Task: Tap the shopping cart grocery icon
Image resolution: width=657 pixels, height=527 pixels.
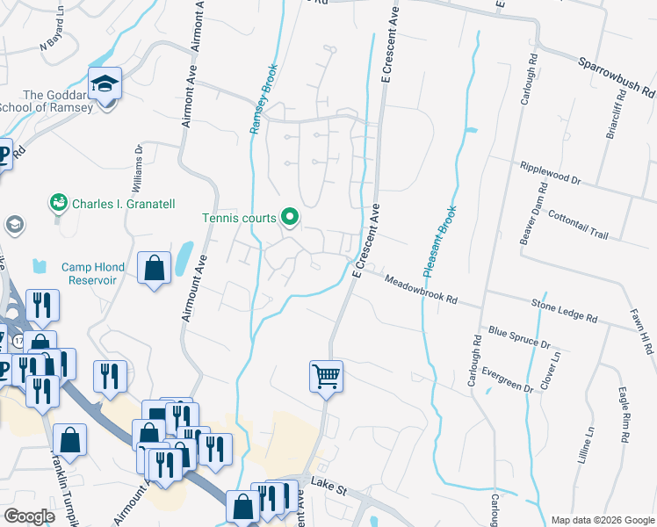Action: pos(326,376)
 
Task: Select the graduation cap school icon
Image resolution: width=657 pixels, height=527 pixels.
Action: pos(105,84)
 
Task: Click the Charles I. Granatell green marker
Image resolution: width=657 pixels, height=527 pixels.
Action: pos(59,204)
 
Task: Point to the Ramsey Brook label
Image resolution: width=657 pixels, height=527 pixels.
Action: pos(264,98)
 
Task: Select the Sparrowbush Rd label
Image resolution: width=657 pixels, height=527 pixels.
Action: pos(617,77)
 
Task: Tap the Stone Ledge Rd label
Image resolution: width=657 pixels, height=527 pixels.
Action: pos(564,309)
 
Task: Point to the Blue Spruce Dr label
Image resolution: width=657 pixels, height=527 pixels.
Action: pos(519,338)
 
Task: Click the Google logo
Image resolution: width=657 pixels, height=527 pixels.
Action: pos(30,516)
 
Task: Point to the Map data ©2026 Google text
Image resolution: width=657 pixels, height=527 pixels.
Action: pos(602,520)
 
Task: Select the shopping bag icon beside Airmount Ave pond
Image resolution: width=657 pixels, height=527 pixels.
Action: pos(155,270)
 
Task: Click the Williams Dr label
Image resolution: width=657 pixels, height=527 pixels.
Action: pos(139,162)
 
